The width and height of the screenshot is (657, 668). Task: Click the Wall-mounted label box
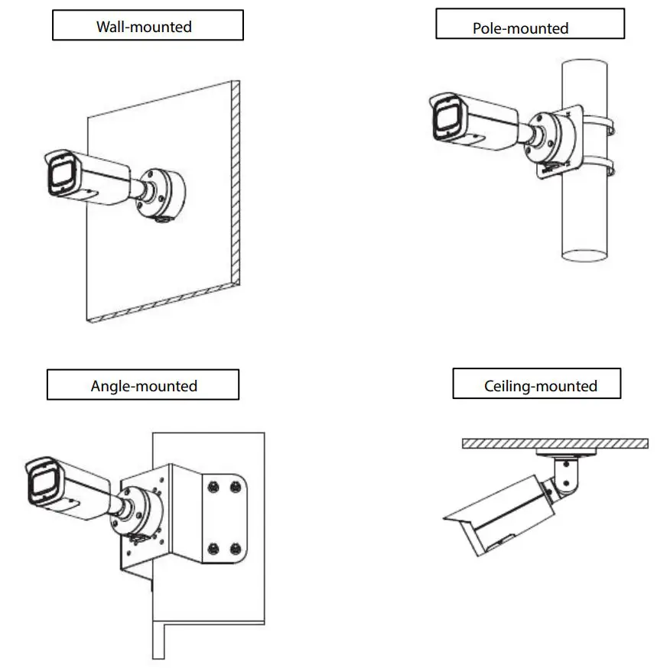147,26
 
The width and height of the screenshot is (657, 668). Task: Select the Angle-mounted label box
143,384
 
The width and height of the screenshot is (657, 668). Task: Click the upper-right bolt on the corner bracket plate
235,485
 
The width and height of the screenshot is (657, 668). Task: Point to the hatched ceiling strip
555,443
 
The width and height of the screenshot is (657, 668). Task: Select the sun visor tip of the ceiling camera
447,519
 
